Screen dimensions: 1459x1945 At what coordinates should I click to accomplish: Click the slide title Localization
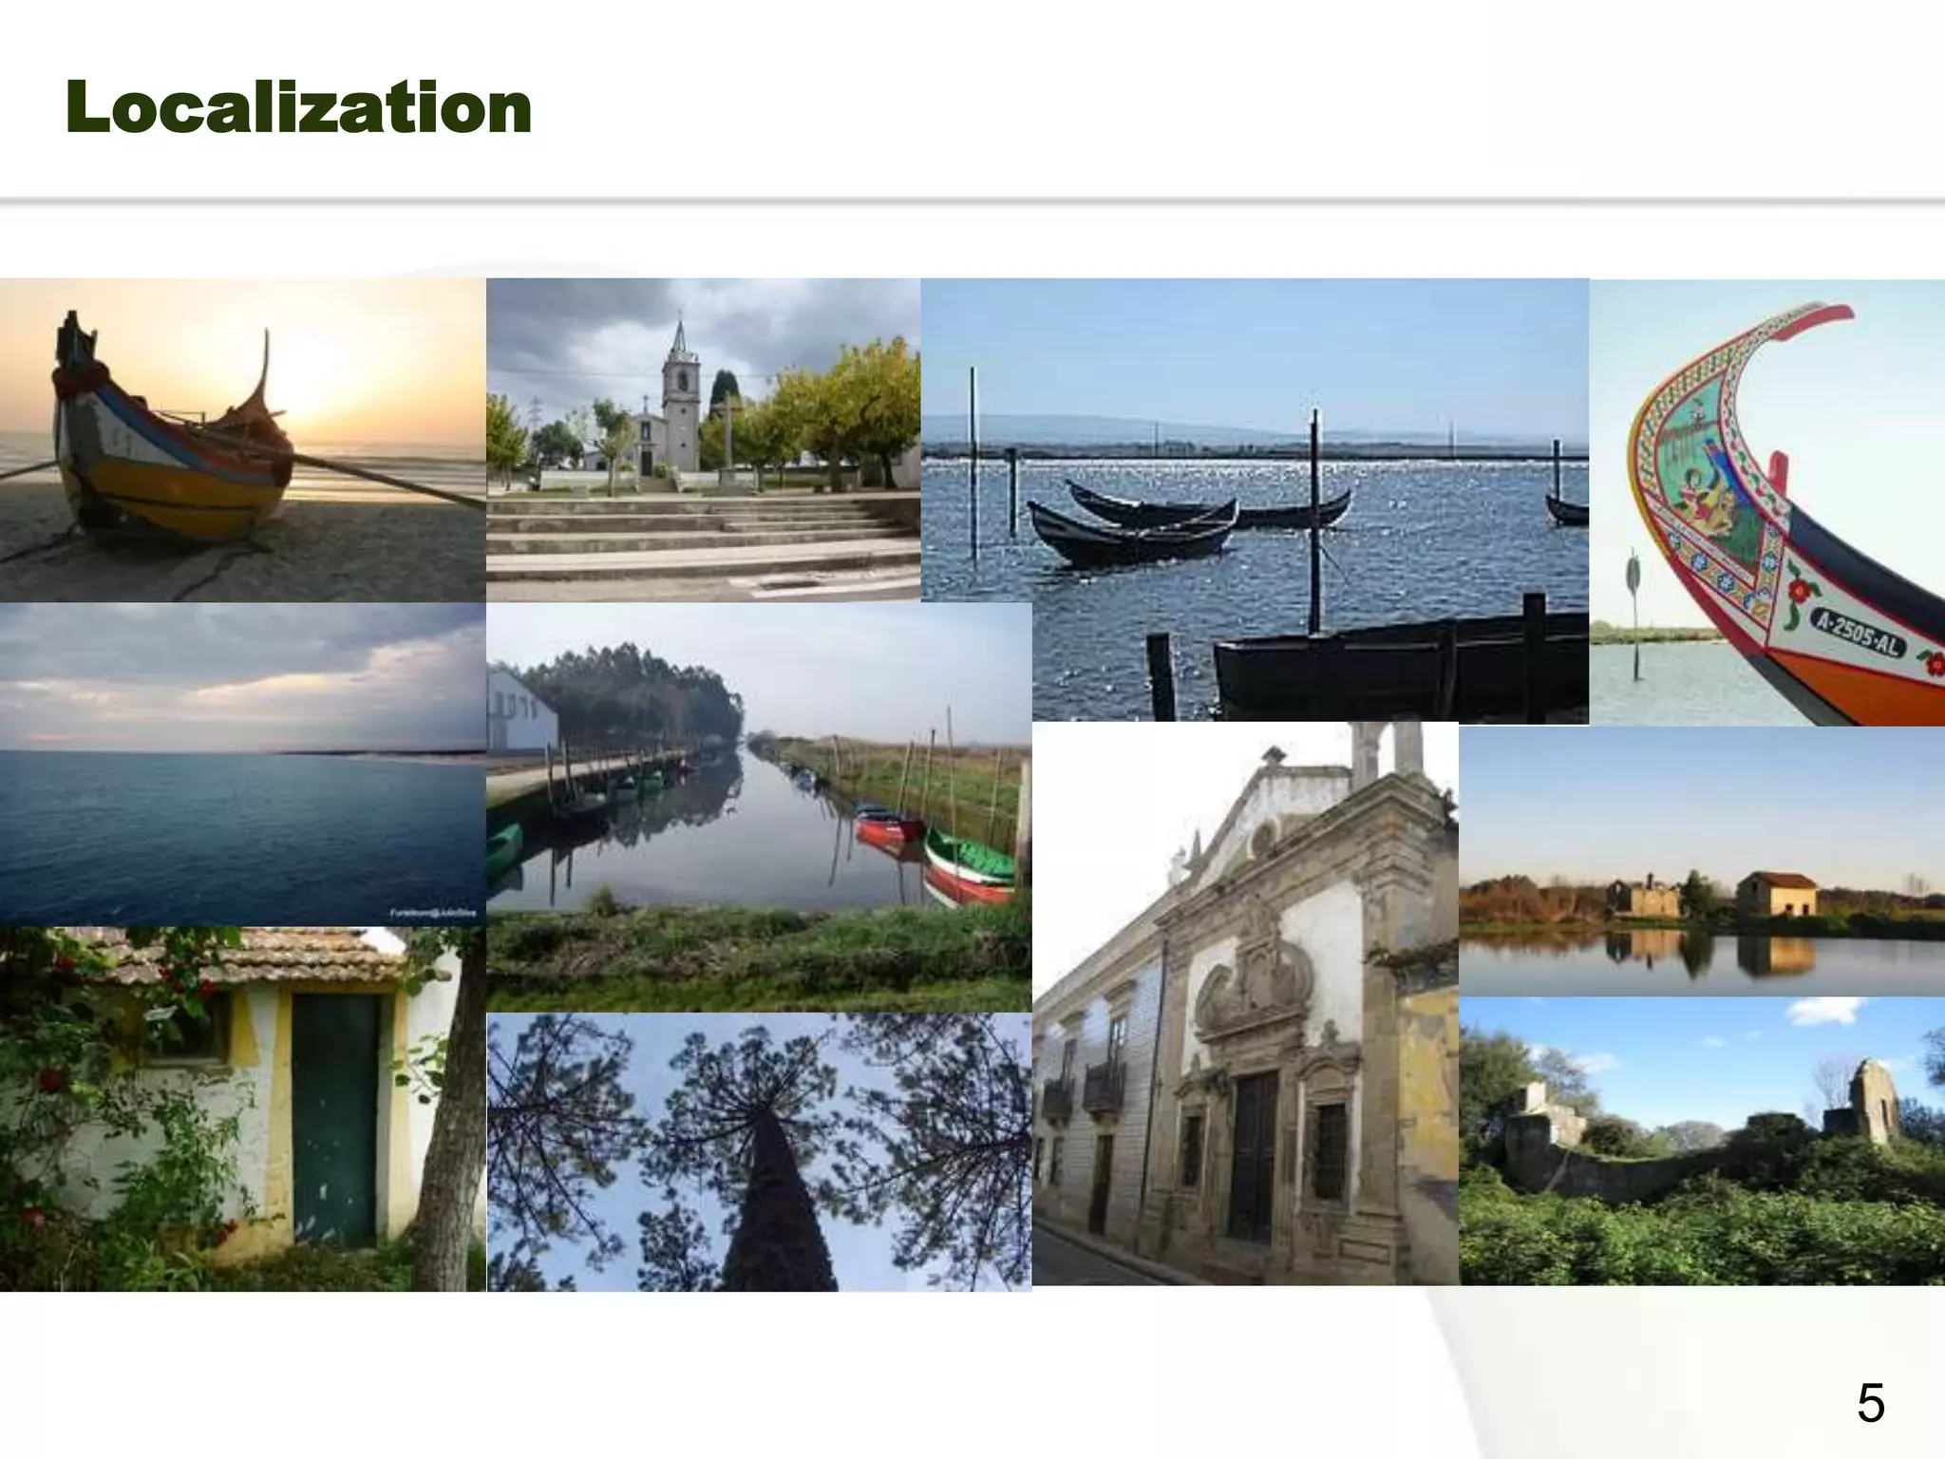[298, 107]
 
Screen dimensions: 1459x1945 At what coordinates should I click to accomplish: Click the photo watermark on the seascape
[432, 913]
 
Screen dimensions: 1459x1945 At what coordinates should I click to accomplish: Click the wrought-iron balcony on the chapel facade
[1103, 1088]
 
